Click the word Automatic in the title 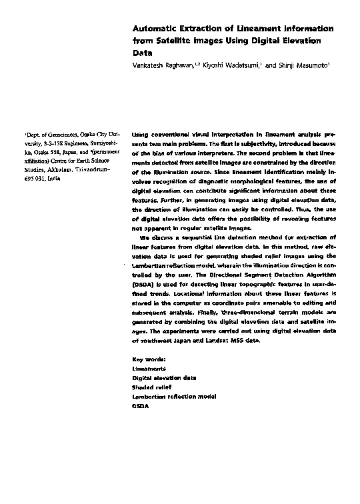tap(155, 29)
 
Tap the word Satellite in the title tap(175, 41)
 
